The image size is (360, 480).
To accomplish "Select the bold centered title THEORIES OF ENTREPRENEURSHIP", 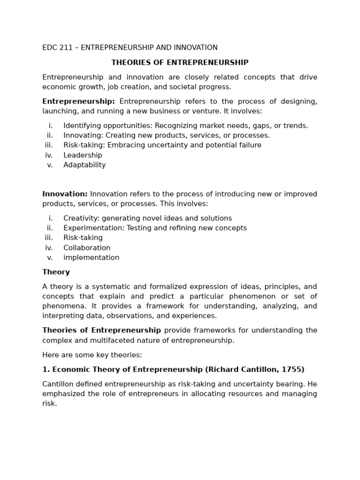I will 180,63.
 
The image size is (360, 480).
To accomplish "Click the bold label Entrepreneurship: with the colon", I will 78,102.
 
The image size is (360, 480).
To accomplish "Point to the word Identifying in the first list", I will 82,126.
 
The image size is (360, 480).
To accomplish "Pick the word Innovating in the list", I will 81,135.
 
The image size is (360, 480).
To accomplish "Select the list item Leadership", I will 82,155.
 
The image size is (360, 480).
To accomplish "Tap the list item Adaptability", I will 84,165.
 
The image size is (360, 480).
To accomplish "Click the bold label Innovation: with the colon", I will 65,194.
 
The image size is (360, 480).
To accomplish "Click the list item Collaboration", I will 87,248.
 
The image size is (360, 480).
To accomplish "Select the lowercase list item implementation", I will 91,258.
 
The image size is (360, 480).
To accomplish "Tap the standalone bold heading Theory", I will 56,272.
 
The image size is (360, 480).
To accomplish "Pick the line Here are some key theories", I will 92,355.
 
